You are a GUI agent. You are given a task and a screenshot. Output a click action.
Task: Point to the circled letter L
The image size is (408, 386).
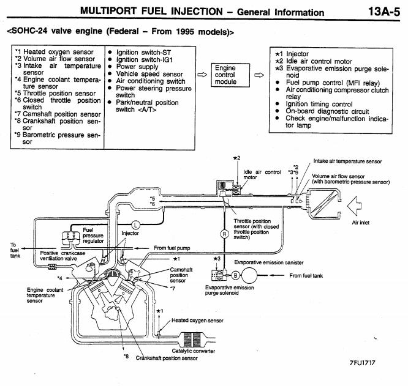[x=136, y=225]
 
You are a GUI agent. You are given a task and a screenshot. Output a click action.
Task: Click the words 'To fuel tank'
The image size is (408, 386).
[x=14, y=250]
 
